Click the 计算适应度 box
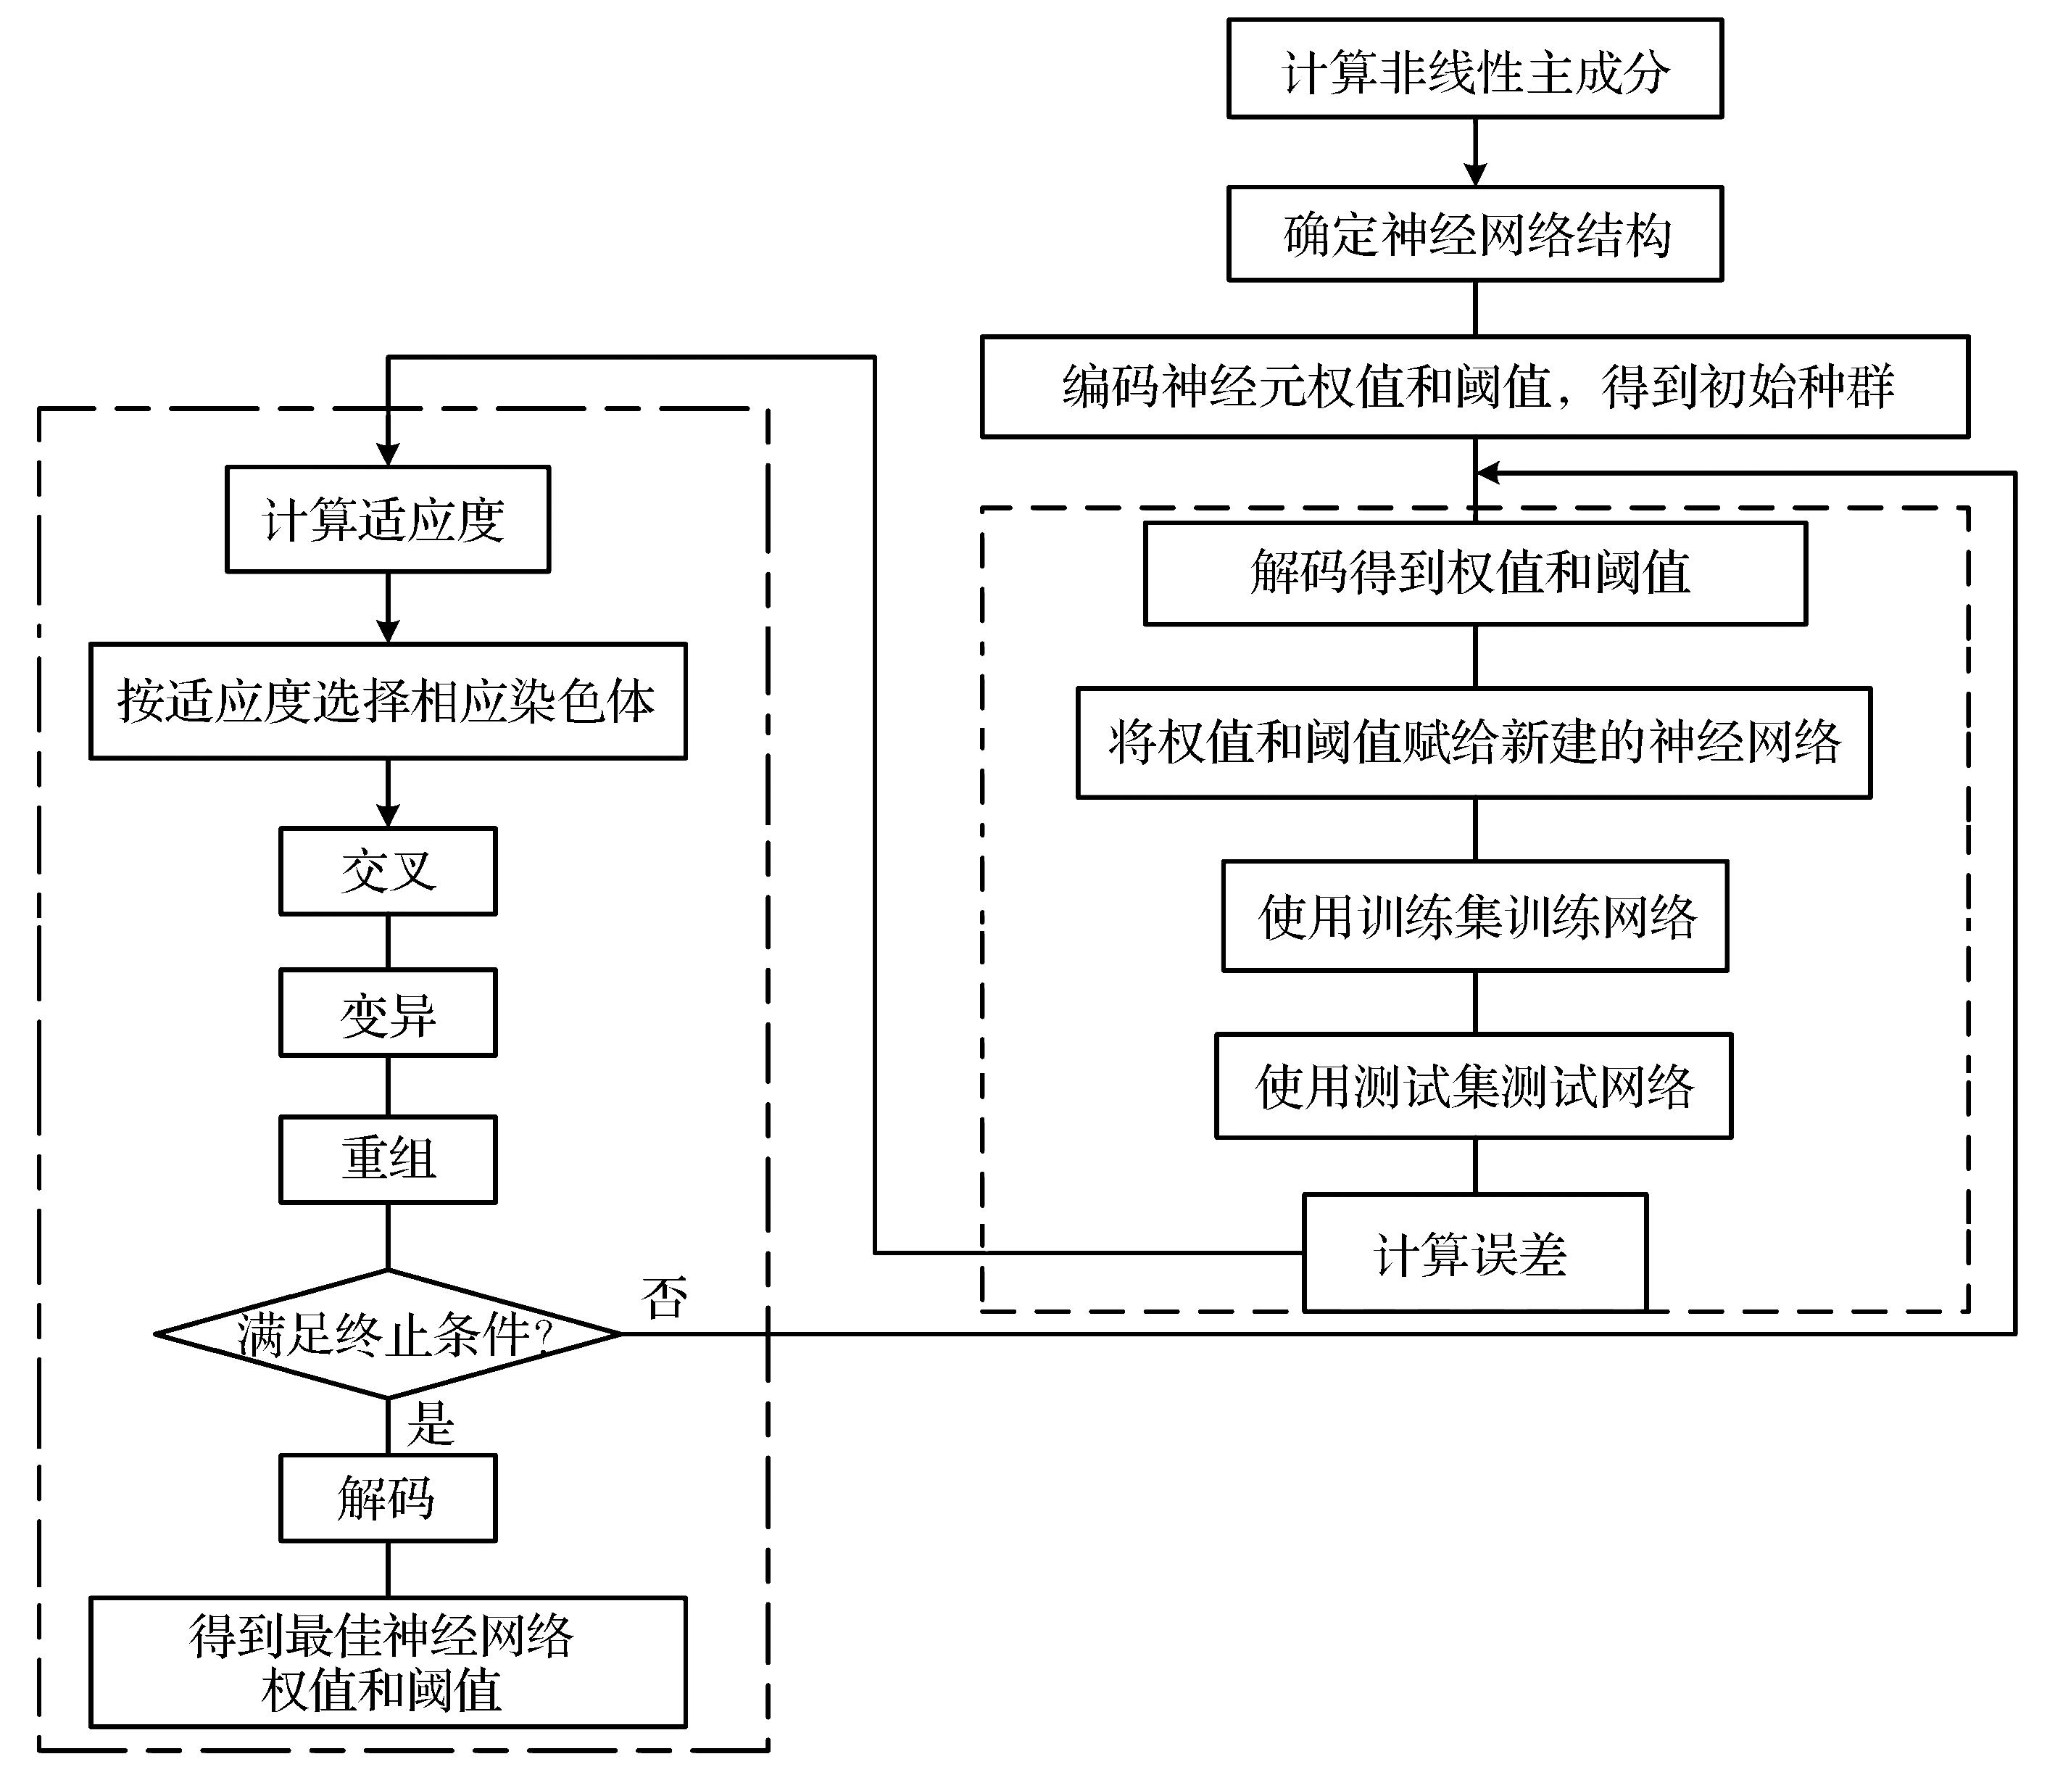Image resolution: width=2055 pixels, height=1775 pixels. (387, 520)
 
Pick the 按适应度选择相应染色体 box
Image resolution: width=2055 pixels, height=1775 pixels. (387, 701)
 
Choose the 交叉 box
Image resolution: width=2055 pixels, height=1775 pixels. (387, 871)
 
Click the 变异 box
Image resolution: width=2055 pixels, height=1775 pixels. (387, 1014)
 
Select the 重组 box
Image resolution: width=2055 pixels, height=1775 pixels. (387, 1159)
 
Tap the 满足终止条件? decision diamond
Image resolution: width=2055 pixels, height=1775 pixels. (389, 1333)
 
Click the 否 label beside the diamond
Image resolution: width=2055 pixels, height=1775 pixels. (663, 1296)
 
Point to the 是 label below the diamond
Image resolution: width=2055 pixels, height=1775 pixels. (431, 1424)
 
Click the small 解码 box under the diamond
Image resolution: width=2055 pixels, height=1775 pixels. (387, 1498)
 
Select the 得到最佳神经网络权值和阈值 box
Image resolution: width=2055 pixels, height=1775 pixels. (387, 1662)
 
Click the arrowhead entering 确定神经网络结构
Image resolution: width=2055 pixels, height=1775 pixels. (1475, 175)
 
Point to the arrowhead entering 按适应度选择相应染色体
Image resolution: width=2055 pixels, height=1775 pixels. (388, 632)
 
